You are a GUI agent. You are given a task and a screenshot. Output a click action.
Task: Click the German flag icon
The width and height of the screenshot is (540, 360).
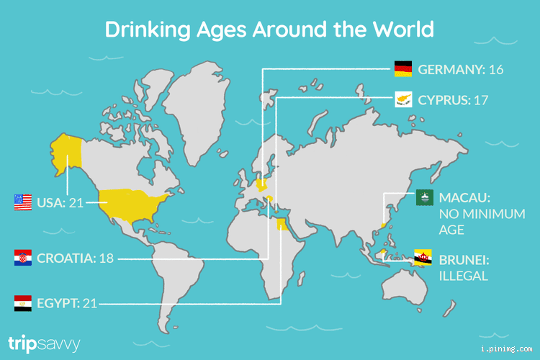(x=402, y=70)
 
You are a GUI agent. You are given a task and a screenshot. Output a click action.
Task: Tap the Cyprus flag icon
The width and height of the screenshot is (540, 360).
(x=402, y=100)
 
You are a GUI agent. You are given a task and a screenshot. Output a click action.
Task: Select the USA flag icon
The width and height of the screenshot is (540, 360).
(x=23, y=202)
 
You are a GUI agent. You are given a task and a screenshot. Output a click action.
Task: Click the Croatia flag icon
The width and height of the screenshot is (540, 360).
(x=23, y=258)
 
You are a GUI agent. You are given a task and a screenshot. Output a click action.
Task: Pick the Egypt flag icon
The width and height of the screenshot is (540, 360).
(x=23, y=303)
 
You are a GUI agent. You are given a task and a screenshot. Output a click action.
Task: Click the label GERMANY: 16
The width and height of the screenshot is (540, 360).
(x=460, y=70)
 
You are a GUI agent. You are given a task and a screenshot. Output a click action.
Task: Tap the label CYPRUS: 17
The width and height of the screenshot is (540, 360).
(x=453, y=100)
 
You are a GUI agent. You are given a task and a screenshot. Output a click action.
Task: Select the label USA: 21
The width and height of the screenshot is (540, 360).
(x=60, y=203)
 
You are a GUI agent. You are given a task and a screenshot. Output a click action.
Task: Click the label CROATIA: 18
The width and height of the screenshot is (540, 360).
(x=75, y=258)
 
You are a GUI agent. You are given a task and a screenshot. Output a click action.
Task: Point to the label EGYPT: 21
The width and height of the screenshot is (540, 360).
(x=67, y=304)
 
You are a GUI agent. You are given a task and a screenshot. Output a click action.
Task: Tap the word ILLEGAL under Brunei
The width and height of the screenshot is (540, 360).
(x=464, y=276)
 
